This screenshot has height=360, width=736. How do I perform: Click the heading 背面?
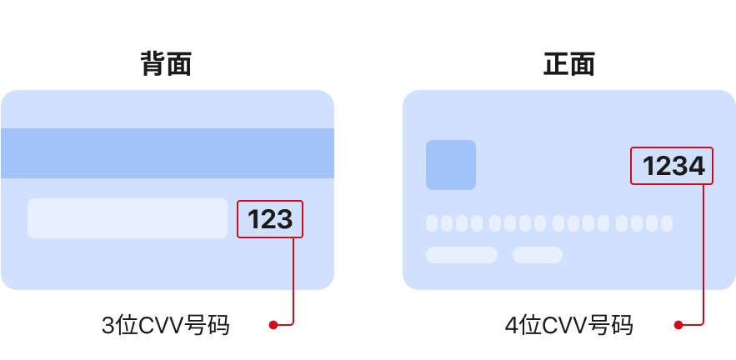click(166, 64)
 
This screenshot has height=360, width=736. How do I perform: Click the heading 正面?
click(568, 64)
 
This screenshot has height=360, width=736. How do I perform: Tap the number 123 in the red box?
click(270, 219)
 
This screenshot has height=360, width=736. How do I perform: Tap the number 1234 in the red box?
click(673, 167)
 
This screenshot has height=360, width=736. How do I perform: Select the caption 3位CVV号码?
click(165, 325)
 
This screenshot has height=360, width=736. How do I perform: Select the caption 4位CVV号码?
click(568, 325)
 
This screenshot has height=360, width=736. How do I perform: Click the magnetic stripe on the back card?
click(167, 153)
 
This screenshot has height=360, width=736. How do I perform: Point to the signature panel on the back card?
click(127, 218)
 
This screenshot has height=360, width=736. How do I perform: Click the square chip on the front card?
click(450, 165)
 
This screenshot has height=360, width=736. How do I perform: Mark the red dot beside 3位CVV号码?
click(273, 325)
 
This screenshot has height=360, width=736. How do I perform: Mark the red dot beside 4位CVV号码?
click(678, 325)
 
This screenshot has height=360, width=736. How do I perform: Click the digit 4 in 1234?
click(696, 167)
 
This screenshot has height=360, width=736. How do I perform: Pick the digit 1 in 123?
click(254, 219)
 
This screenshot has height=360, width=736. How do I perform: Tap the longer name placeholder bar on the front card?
click(462, 255)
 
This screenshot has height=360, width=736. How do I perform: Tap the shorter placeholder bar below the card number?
click(537, 255)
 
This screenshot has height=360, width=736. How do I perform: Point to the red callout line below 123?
click(294, 279)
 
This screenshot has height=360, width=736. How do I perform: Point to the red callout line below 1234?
click(705, 250)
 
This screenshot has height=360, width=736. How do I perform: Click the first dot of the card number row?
click(432, 223)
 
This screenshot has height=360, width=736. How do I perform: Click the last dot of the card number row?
click(666, 223)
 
